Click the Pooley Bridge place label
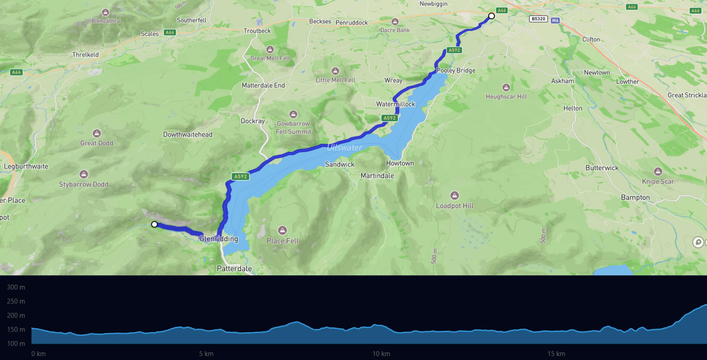coord(456,70)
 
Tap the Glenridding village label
coord(219,239)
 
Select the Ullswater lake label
coord(345,148)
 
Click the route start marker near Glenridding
coord(154,224)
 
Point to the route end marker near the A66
coord(491,16)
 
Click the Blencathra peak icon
coord(106,12)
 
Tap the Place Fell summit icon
coord(283,230)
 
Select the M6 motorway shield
coord(555,20)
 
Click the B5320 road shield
coord(538,19)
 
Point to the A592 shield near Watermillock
coord(389,118)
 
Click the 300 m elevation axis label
coord(16,287)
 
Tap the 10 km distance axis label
coord(381,354)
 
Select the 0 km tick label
coord(39,354)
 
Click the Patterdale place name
coord(234,269)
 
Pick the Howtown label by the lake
coord(400,163)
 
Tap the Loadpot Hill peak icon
coord(455,196)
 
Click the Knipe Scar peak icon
coord(658,172)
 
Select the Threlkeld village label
coord(86,55)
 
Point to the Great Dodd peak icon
coord(97,133)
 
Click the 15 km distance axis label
coord(556,354)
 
